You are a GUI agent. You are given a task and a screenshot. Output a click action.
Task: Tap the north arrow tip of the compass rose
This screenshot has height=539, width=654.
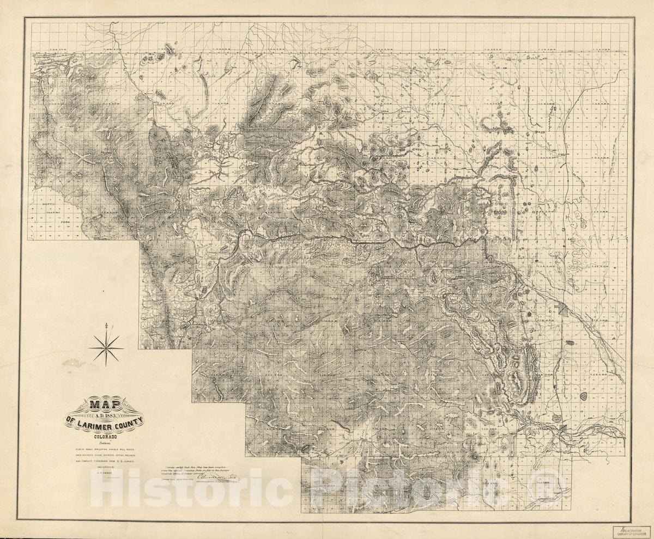[112, 325]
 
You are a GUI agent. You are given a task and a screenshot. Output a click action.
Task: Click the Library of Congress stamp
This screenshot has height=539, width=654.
[633, 532]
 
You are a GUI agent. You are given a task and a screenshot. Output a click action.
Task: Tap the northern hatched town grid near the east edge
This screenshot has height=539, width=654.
[562, 311]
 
